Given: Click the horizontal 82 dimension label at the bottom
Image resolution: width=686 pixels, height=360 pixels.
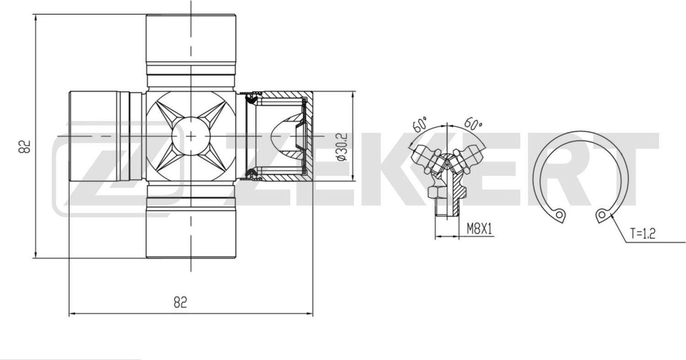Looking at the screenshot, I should (x=180, y=302).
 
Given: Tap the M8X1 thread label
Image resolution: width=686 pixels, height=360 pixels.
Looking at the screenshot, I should (x=479, y=229).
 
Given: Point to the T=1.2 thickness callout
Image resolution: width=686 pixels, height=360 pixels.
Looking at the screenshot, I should (x=643, y=234).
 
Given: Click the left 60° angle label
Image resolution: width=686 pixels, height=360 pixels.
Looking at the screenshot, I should (x=420, y=124).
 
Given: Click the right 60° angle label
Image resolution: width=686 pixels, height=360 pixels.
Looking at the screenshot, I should (x=473, y=123).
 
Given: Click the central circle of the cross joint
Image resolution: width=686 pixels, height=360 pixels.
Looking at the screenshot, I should (x=191, y=136).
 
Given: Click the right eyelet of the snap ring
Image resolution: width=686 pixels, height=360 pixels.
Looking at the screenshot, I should (x=602, y=215).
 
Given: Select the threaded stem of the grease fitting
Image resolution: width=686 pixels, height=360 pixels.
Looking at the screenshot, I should (x=446, y=210).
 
